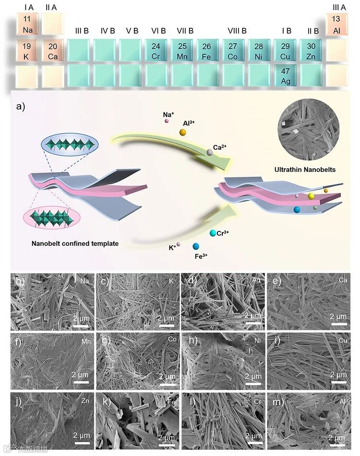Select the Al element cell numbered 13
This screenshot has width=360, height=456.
(x=336, y=24)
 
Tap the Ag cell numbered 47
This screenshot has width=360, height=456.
(x=286, y=75)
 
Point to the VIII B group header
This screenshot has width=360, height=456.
(x=237, y=31)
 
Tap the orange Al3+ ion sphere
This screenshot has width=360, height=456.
(x=183, y=132)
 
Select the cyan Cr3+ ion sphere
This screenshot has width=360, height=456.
(x=212, y=233)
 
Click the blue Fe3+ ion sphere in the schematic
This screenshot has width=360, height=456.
(x=196, y=246)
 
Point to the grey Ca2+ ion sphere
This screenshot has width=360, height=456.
(x=210, y=152)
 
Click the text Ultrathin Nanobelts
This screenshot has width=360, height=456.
(x=304, y=169)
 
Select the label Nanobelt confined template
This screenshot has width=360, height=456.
(x=75, y=243)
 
